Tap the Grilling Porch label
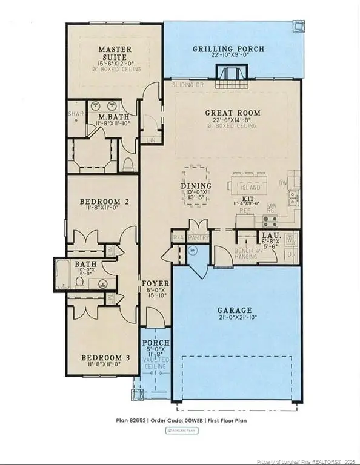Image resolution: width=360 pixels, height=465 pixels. coord(228,49)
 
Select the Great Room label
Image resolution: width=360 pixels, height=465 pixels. coord(232,113)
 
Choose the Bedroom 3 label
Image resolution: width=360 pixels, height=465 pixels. coord(105,358)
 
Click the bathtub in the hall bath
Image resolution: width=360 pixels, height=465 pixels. coord(65,274)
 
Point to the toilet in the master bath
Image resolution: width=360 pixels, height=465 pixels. coord(128,163)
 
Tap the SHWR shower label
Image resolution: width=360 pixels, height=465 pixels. coord(75,113)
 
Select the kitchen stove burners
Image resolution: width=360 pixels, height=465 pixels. coord(270,220)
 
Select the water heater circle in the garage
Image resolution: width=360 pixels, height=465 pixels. coord(193,249)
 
